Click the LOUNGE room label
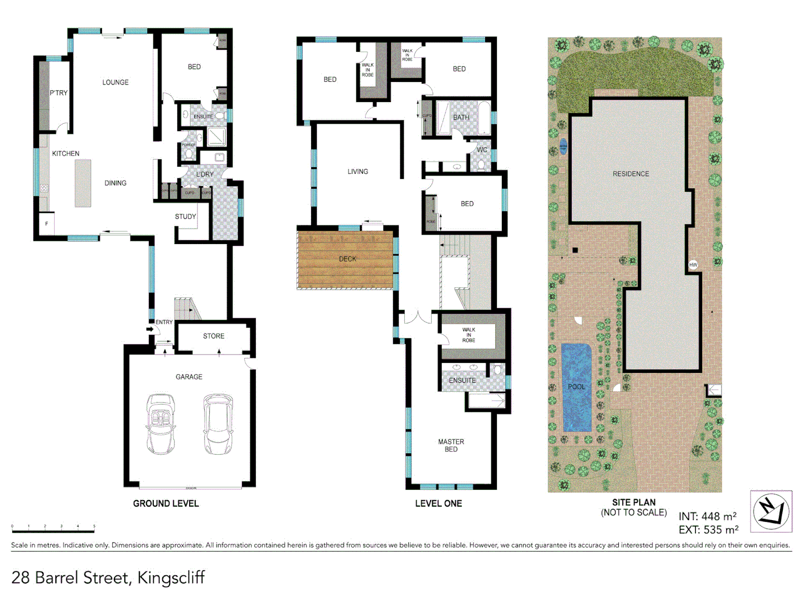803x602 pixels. [x=115, y=82]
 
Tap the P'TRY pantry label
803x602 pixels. [x=59, y=93]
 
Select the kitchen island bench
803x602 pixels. [x=83, y=183]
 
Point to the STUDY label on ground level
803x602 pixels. [x=185, y=217]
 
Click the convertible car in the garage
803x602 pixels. [x=161, y=424]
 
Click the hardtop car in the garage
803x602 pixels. [x=218, y=424]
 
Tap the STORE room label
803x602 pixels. [x=214, y=336]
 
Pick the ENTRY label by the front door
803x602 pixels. [x=164, y=322]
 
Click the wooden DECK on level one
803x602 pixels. [x=347, y=260]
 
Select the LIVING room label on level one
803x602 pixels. [x=357, y=172]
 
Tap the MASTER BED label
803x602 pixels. [x=451, y=445]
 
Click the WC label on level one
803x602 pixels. [x=482, y=150]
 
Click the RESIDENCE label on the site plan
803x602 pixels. [x=631, y=174]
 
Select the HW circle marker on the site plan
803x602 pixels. [x=693, y=265]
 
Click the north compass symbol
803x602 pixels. [x=771, y=511]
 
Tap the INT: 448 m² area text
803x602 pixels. [x=707, y=517]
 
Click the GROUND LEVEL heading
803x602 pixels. [x=166, y=503]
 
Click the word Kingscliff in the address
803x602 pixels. [x=171, y=577]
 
